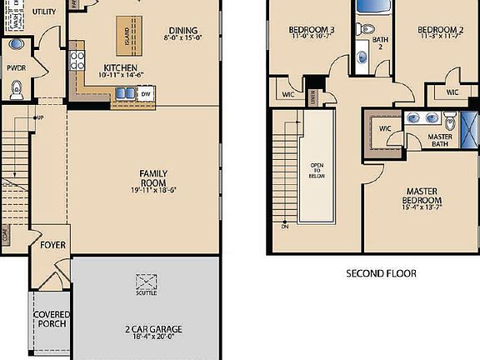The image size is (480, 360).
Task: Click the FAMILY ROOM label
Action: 152,177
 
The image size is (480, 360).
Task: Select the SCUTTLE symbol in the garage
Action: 147,282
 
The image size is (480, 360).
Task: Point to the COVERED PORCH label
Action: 52,319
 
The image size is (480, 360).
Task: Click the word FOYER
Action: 53,246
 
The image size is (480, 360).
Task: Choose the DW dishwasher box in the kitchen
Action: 145,95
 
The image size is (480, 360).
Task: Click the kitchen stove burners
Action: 78,59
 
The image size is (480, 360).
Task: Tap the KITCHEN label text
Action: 121,67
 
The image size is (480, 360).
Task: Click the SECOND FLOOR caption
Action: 381,272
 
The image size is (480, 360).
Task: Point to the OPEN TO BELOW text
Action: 317,170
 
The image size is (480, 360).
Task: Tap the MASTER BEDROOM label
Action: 422,196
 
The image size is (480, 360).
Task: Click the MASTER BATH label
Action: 440,140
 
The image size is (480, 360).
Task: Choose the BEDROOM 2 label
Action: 441,30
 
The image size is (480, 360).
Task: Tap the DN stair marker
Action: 284,226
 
